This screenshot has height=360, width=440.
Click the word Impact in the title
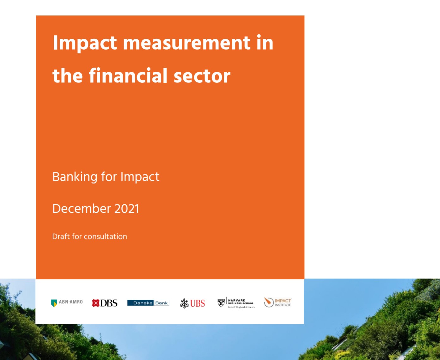click(x=85, y=43)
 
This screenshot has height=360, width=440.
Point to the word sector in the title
click(x=202, y=76)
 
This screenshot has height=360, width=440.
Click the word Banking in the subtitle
click(x=75, y=177)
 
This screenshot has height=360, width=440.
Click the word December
click(x=82, y=209)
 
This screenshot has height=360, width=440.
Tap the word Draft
click(x=61, y=237)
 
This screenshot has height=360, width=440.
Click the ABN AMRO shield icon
click(x=54, y=303)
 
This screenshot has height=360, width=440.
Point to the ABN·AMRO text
click(x=71, y=302)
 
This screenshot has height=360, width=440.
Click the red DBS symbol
click(x=95, y=303)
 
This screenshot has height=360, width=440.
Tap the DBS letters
click(x=109, y=303)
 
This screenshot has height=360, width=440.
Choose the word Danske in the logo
click(x=143, y=303)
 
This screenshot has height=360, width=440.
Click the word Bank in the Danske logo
click(x=162, y=303)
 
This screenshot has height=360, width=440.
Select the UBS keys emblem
click(x=184, y=303)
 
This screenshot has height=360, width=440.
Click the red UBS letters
click(x=198, y=303)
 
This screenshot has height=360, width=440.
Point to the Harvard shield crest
click(x=221, y=303)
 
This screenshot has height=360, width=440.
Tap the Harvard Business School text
click(x=241, y=302)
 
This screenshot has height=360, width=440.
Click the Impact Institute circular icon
click(x=269, y=302)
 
